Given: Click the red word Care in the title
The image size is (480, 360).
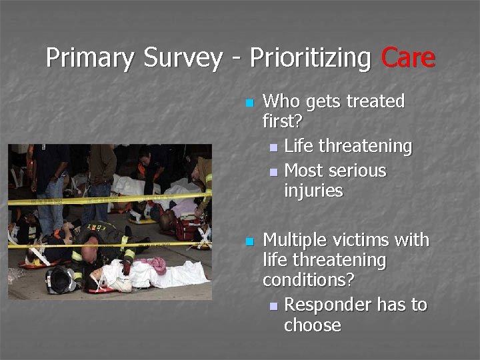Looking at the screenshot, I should (408, 58).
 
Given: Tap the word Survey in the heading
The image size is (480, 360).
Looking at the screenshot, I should (183, 58).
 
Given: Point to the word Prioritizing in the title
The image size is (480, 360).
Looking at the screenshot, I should (310, 58).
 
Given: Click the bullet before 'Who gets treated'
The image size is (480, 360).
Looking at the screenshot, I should (249, 103).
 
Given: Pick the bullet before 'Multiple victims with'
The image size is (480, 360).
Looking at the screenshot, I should (249, 241).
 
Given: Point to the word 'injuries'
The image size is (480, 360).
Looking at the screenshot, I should (313, 191).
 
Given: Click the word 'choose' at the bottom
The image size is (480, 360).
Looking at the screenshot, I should (312, 325).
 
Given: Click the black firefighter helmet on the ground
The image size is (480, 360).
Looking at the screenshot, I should (60, 281).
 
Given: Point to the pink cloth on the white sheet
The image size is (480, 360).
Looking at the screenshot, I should (156, 266).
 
